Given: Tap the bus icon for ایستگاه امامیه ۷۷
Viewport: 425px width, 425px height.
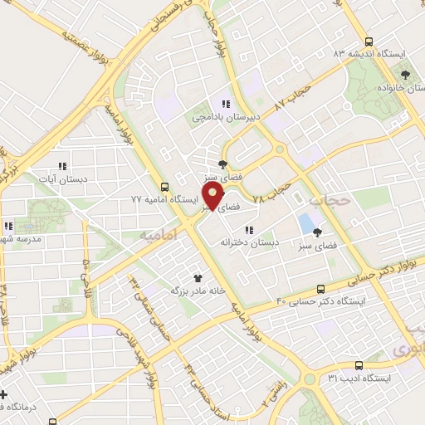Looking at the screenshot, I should click(164, 188).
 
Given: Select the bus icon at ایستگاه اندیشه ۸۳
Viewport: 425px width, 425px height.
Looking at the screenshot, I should click(369, 41).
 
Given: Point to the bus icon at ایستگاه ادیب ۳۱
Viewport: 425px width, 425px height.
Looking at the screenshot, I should click(359, 364).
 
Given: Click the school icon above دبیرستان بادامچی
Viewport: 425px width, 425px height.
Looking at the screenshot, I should click(225, 104).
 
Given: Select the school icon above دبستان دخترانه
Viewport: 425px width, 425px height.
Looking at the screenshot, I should click(248, 230).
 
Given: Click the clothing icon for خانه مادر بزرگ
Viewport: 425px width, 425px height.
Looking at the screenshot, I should click(198, 278).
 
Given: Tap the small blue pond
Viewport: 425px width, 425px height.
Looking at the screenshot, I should click(306, 223).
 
